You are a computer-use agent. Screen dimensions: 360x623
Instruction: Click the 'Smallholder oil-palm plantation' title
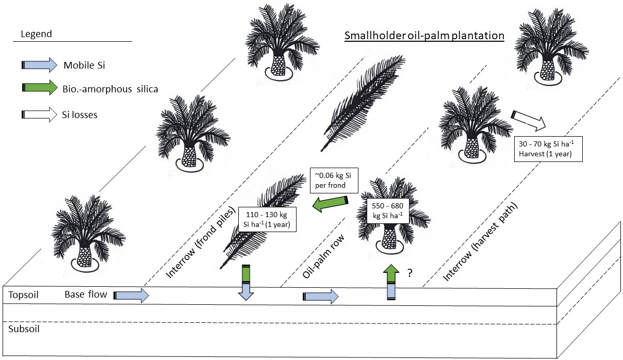424,36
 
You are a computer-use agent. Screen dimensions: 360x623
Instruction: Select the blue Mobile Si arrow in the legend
39,65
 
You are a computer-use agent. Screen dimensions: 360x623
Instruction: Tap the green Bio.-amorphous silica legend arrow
39,88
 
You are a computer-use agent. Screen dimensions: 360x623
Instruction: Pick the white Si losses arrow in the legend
39,114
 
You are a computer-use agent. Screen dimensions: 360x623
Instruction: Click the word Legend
36,35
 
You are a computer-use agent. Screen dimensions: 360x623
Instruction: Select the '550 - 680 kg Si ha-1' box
387,209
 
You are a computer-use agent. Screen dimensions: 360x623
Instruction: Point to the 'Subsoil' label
22,329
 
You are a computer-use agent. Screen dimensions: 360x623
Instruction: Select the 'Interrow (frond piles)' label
201,242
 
